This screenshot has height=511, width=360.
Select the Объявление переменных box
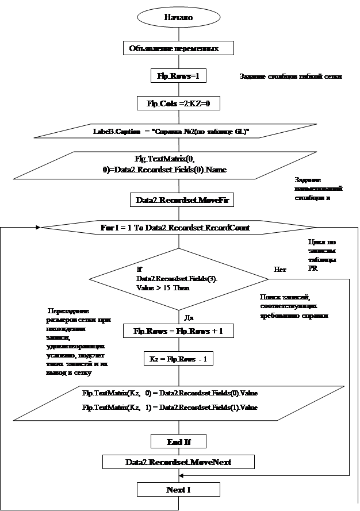click(x=178, y=48)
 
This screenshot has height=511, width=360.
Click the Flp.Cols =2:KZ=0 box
click(x=178, y=103)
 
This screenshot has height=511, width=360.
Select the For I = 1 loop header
click(x=175, y=228)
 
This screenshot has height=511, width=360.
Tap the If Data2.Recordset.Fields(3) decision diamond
click(x=179, y=279)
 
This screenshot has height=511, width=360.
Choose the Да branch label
click(x=187, y=316)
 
